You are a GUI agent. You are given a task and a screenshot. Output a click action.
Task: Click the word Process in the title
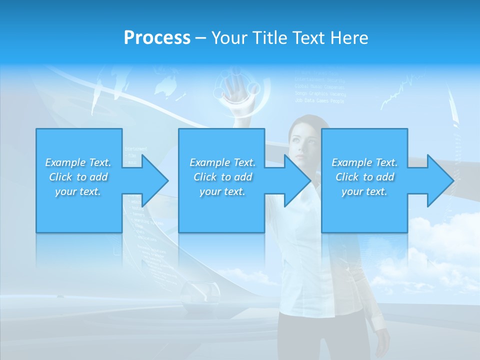[x=157, y=38]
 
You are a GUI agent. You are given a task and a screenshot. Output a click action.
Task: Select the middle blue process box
[x=221, y=210]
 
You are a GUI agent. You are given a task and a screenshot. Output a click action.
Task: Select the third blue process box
[x=364, y=210]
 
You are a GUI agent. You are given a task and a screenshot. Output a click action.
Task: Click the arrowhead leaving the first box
[x=152, y=180]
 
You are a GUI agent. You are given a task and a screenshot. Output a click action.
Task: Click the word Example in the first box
[x=65, y=162]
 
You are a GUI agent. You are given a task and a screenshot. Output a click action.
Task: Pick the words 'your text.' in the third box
[x=364, y=191]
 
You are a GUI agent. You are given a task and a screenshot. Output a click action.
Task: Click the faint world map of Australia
[x=166, y=86]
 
